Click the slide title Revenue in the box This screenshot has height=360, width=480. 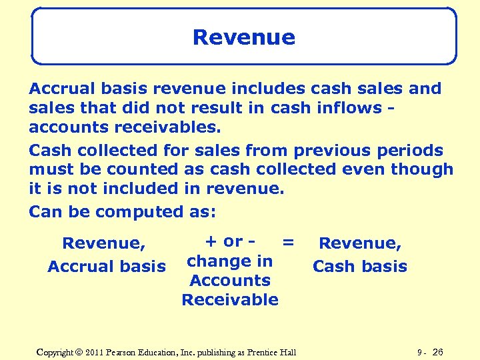pyautogui.click(x=243, y=37)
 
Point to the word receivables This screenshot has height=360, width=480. pyautogui.click(x=157, y=127)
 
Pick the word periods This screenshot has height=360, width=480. pyautogui.click(x=415, y=151)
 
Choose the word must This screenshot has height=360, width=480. pyautogui.click(x=50, y=170)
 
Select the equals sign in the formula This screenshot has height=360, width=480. pyautogui.click(x=288, y=243)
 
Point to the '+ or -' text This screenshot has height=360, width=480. pyautogui.click(x=230, y=241)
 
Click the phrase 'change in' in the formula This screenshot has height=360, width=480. pyautogui.click(x=230, y=261)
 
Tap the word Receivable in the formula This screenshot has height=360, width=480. pyautogui.click(x=230, y=299)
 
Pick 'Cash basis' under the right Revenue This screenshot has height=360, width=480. pyautogui.click(x=360, y=267)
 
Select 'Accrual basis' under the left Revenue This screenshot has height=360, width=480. pyautogui.click(x=107, y=267)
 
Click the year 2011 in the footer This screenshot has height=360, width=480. pyautogui.click(x=98, y=351)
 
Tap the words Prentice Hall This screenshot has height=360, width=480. pyautogui.click(x=272, y=351)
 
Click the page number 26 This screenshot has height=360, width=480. pyautogui.click(x=438, y=351)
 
